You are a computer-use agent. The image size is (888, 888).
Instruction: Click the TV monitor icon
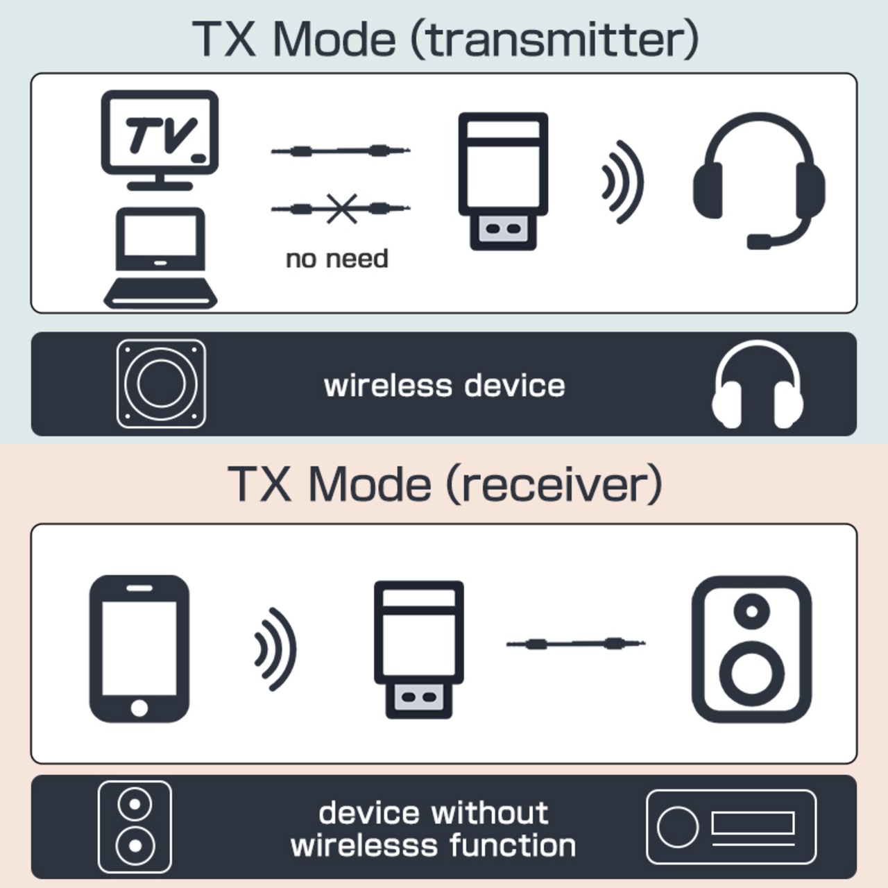(160, 139)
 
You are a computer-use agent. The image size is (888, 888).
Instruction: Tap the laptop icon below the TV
(160, 257)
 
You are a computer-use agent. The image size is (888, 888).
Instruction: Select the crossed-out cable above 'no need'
(341, 208)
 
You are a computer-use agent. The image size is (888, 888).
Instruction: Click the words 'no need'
(337, 259)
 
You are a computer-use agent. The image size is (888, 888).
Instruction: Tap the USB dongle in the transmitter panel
(503, 180)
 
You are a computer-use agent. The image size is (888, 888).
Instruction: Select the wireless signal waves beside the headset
(622, 182)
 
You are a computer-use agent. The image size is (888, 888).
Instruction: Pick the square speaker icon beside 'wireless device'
(161, 384)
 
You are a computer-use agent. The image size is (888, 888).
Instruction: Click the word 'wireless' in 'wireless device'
(388, 386)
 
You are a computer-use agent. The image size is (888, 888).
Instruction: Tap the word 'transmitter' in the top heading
(555, 40)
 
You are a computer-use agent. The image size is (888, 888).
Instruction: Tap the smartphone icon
(139, 648)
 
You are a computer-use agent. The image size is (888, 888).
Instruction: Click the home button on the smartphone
(139, 708)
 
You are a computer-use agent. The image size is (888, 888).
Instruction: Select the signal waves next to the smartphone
(275, 649)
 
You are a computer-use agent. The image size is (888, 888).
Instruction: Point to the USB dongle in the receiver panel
(418, 648)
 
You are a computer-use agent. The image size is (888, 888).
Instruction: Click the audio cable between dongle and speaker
(576, 644)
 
